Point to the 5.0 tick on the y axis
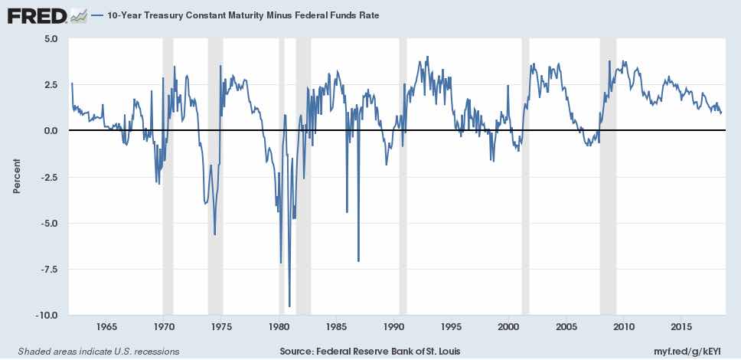[x=51, y=38]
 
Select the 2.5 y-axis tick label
[x=51, y=84]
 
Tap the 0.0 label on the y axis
[x=51, y=130]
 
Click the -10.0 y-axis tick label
[x=47, y=315]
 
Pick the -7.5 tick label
[x=49, y=269]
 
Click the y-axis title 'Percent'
[x=17, y=176]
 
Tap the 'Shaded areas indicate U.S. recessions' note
[x=93, y=351]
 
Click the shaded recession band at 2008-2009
[x=608, y=176]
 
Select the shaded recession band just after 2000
[x=525, y=176]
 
